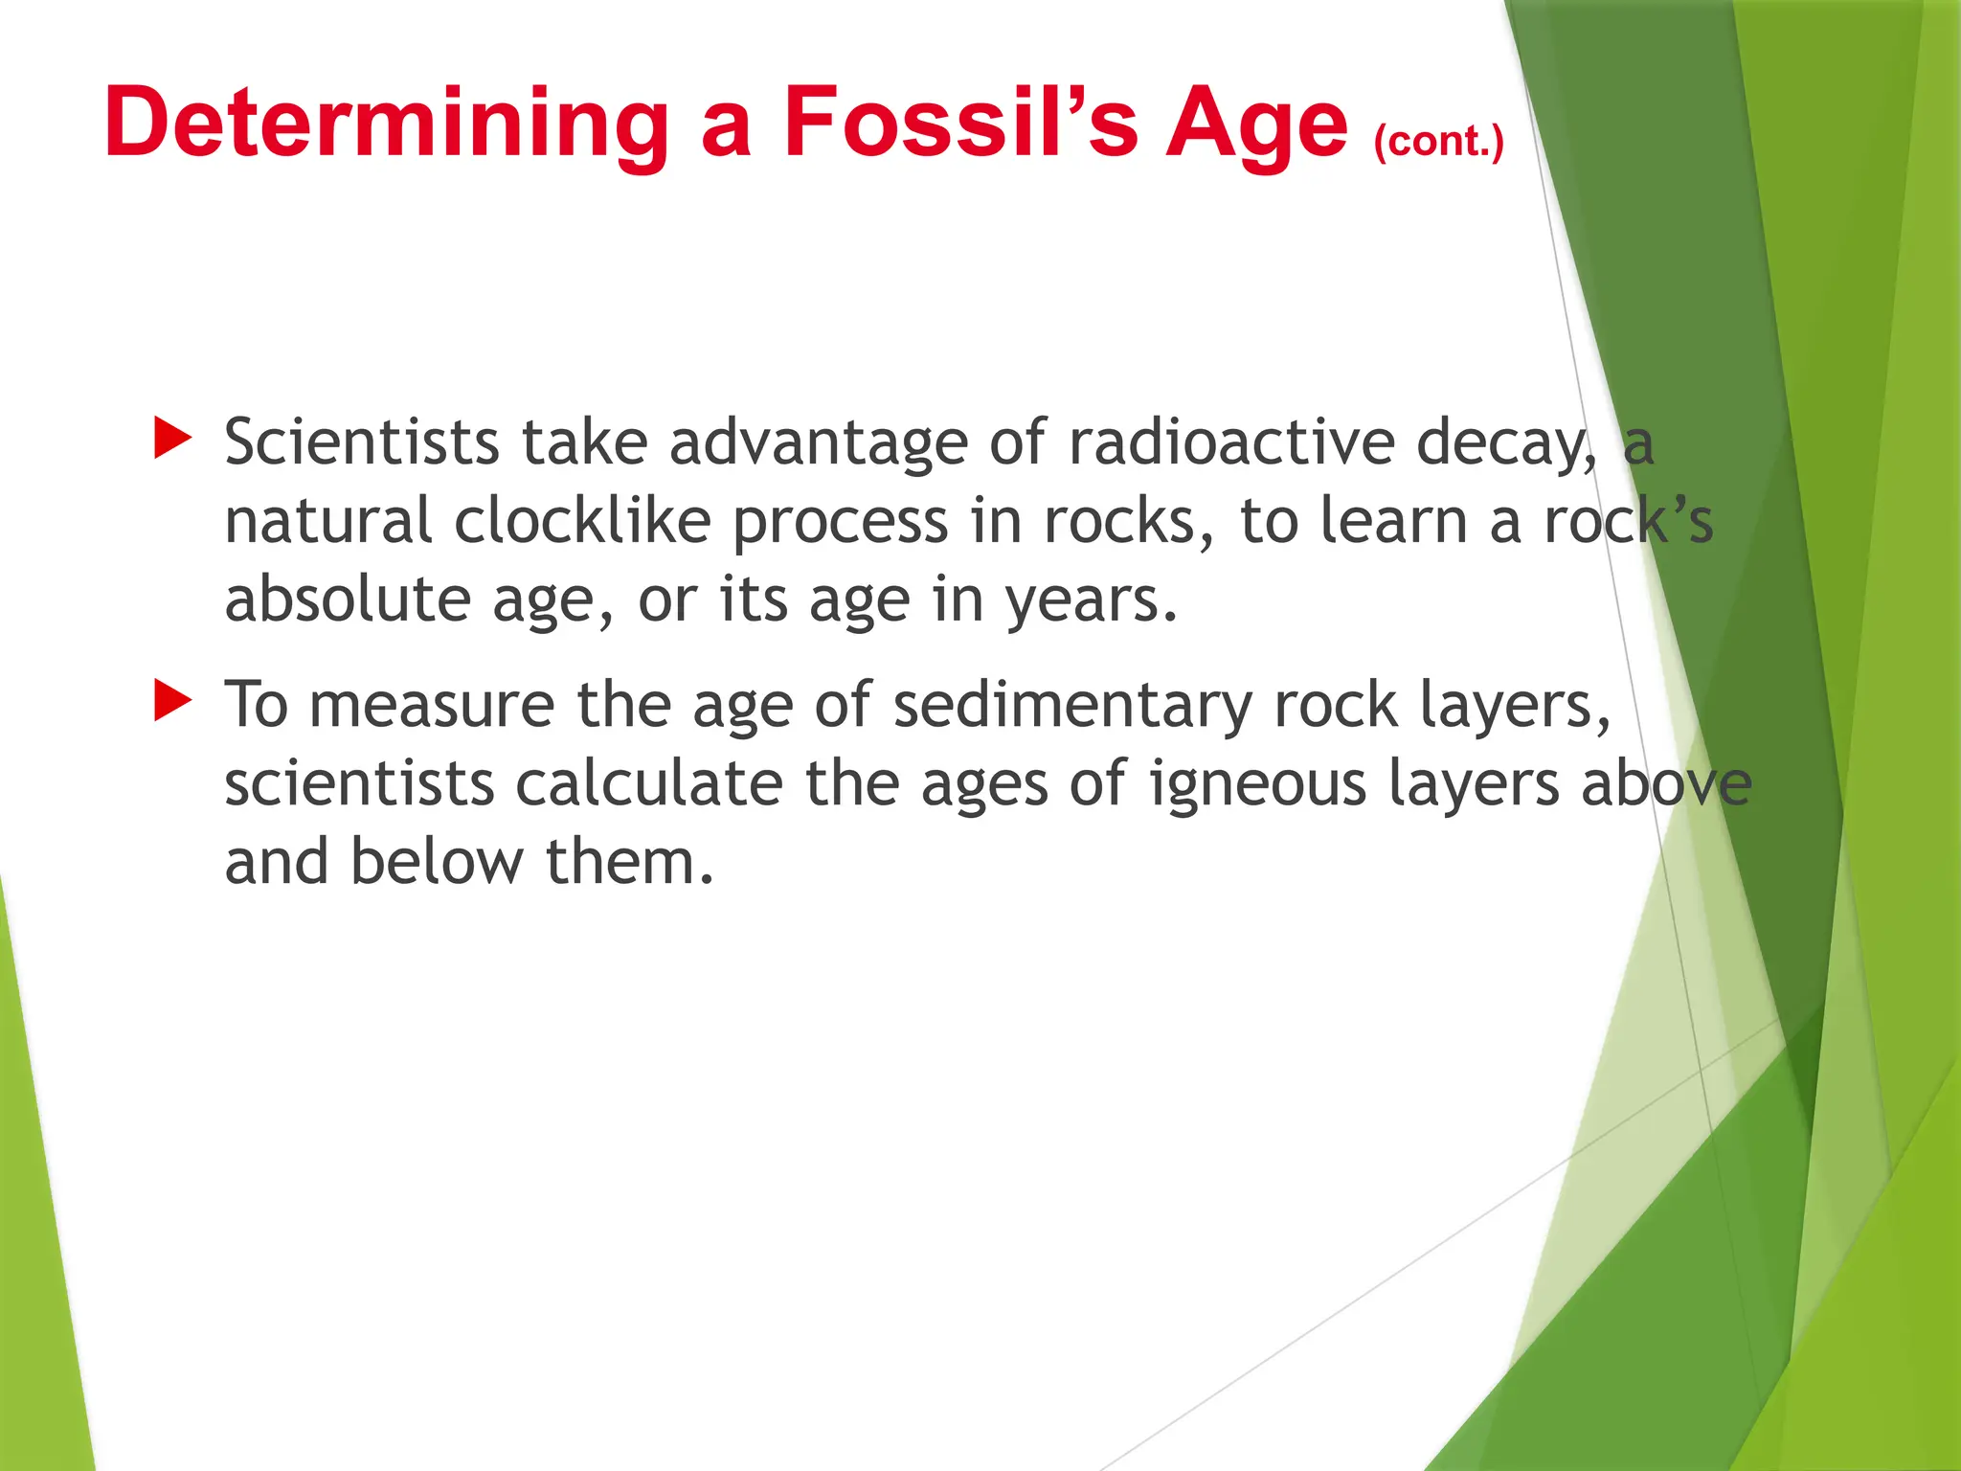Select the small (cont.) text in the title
[x=1438, y=142]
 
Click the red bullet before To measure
[x=173, y=701]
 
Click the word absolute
[x=348, y=600]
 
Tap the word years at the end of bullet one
[x=1090, y=601]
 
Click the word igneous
[x=1257, y=785]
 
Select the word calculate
[x=649, y=783]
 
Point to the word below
[x=437, y=862]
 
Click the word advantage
[x=818, y=444]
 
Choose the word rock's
[x=1628, y=521]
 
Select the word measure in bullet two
[x=432, y=707]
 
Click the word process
[x=841, y=523]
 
